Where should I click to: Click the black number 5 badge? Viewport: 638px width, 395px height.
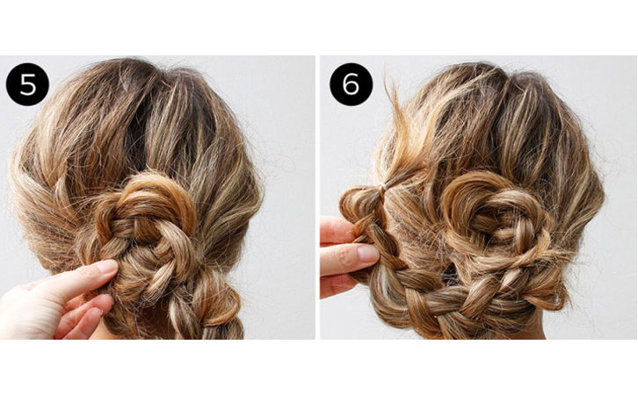click(27, 84)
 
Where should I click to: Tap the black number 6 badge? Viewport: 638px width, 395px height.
click(352, 84)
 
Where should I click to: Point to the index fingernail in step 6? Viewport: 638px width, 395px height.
click(367, 254)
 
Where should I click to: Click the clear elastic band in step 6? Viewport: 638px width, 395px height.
click(382, 187)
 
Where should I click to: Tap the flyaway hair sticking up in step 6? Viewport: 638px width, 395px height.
click(396, 122)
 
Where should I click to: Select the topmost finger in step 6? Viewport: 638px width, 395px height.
click(337, 230)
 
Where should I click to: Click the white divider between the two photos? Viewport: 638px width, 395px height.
click(317, 197)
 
